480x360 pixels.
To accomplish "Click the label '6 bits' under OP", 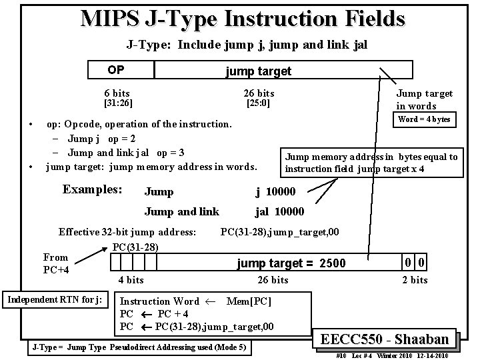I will (117, 93).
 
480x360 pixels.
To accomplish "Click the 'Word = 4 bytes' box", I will (423, 119).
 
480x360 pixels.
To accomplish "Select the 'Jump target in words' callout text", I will (424, 99).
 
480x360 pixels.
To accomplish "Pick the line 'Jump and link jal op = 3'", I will (126, 153).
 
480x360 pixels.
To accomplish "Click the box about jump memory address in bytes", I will (371, 163).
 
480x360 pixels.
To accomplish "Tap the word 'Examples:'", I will (92, 189).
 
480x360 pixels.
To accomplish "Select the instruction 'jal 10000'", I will (279, 211).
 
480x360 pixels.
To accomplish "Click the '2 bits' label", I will (414, 280).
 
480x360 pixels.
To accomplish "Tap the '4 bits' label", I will (131, 280).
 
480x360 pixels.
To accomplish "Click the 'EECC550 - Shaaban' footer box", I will (389, 339).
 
